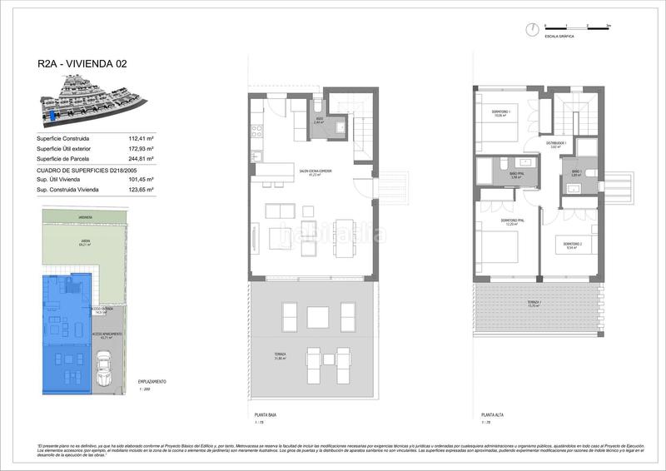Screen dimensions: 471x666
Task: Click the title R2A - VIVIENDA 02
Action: click(x=82, y=62)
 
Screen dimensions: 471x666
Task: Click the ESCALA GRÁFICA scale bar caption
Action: click(x=557, y=37)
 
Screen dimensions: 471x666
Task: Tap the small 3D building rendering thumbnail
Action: click(x=87, y=95)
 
